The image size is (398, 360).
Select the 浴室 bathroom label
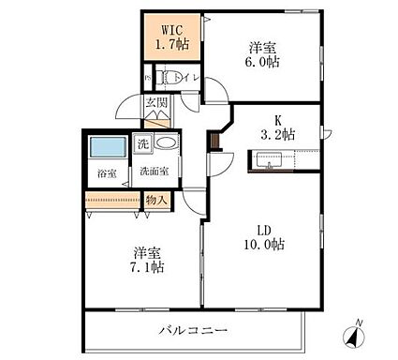(x=106, y=173)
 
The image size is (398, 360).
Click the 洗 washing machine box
(x=143, y=144)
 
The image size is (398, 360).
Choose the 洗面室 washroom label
(x=155, y=172)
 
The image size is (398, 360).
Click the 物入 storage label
(x=157, y=200)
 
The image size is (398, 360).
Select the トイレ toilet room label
(x=187, y=78)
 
